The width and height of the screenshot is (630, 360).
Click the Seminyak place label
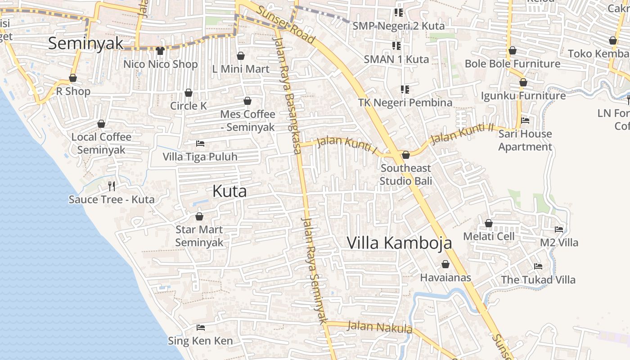click(85, 44)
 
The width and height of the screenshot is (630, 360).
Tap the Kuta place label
click(229, 191)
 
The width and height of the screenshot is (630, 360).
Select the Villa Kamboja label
click(399, 243)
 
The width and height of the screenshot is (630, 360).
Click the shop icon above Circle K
click(189, 93)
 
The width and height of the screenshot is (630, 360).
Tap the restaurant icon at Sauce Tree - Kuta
click(112, 186)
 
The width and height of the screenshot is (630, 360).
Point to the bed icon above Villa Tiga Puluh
click(200, 144)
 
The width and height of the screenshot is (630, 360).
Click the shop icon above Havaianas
click(445, 264)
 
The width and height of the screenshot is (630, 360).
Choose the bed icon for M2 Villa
click(559, 229)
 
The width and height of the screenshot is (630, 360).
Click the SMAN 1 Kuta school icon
click(396, 45)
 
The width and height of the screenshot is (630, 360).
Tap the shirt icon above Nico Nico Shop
click(160, 51)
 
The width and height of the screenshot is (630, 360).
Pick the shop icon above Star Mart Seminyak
click(199, 217)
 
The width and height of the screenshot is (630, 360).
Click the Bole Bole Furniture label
click(513, 64)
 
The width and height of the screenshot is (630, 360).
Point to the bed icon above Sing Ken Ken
click(201, 328)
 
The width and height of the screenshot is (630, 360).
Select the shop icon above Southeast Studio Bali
click(406, 155)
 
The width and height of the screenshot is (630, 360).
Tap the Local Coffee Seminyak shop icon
click(102, 124)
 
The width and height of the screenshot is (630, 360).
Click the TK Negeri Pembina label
click(405, 103)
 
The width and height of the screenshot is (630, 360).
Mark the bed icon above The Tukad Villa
click(538, 266)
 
